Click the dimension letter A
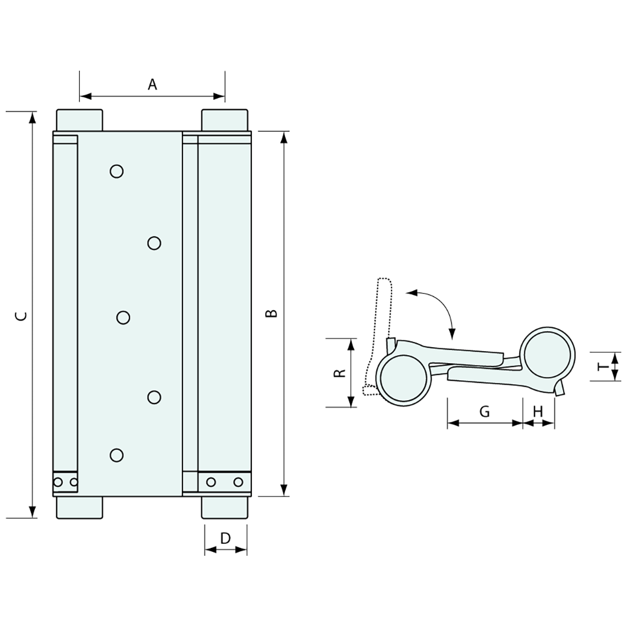tap(152, 84)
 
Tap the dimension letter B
tap(272, 313)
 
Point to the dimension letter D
tap(225, 538)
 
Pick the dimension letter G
tap(484, 411)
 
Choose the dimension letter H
tap(538, 411)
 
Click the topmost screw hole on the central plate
tap(117, 171)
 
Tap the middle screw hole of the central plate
tap(123, 317)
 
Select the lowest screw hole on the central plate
tap(117, 455)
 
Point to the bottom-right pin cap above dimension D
tap(225, 507)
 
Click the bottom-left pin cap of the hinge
tap(80, 507)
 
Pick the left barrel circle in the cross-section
tap(404, 378)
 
